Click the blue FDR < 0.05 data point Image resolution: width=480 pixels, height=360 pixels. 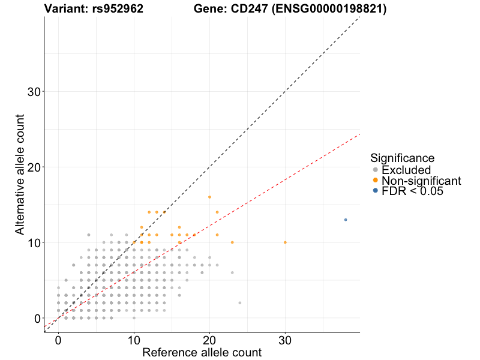click(x=346, y=220)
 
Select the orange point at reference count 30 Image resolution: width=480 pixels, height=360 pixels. click(x=285, y=242)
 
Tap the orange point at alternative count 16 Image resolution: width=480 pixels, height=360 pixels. click(x=209, y=197)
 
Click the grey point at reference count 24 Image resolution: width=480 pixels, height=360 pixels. click(x=239, y=303)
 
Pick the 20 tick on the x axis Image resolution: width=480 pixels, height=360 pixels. click(x=209, y=340)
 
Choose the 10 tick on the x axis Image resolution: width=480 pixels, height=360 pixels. click(x=134, y=340)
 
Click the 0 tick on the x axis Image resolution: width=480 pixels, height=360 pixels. click(x=58, y=340)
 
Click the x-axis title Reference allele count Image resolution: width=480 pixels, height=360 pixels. click(x=202, y=353)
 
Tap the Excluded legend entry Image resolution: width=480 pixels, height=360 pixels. click(x=406, y=170)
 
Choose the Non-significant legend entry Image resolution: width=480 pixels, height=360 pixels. click(x=421, y=181)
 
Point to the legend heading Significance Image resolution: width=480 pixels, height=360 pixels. click(x=402, y=158)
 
